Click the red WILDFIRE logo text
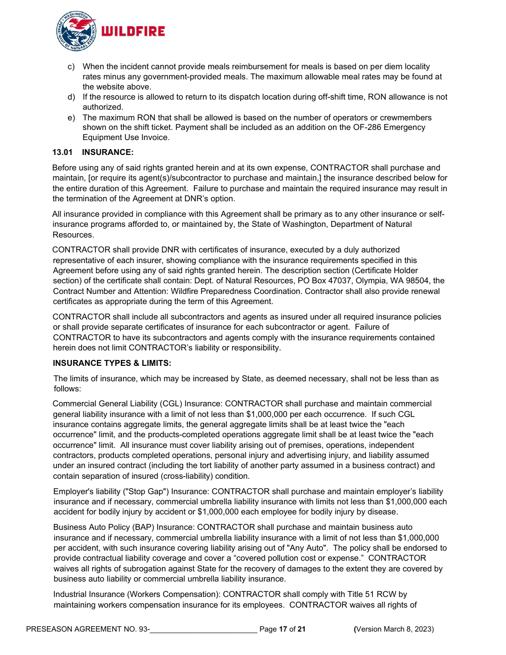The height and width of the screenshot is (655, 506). tap(133, 31)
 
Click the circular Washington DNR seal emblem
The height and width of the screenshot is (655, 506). tap(76, 31)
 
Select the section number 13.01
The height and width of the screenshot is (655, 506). tap(62, 152)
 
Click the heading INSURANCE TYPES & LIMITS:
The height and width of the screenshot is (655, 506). tap(112, 363)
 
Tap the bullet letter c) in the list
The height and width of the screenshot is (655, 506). tap(71, 67)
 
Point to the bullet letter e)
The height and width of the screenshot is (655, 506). tap(71, 117)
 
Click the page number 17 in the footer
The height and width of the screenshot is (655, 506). tap(283, 629)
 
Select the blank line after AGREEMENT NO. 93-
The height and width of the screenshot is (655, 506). tap(203, 629)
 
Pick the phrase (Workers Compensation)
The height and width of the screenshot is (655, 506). tap(175, 594)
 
